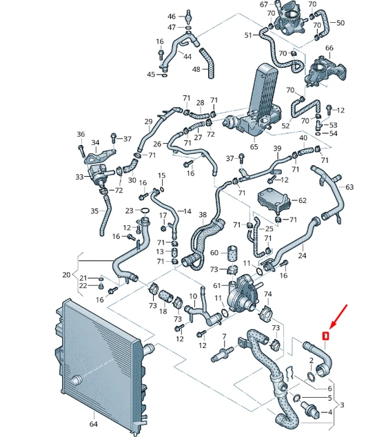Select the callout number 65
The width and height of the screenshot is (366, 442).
254,147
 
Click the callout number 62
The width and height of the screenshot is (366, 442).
302,200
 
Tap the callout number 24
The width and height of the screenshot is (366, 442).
302,256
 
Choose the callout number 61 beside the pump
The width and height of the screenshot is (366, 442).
217,285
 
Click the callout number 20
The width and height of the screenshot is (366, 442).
66,274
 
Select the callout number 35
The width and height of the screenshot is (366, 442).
94,211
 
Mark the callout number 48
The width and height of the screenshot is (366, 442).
196,69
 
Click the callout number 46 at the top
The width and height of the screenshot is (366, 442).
172,16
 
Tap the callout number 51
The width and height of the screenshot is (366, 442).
248,35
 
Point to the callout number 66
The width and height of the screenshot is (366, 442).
329,48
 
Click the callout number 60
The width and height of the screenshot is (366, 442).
214,253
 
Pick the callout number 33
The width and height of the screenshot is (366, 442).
79,177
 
